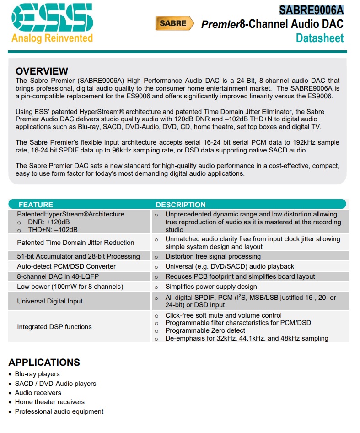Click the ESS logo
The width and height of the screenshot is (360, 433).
52,18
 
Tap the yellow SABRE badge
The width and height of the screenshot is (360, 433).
173,23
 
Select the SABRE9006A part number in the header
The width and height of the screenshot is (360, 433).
311,10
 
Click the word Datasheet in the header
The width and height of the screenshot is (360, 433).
319,38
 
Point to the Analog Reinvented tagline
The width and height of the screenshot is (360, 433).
52,38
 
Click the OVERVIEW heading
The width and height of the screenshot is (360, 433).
42,71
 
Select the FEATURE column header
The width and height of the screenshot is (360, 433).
36,205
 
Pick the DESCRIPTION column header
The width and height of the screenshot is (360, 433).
181,205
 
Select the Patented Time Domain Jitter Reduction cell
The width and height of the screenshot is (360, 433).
75,243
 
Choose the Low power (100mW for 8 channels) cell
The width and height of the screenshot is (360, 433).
70,287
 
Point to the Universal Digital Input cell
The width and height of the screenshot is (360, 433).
50,301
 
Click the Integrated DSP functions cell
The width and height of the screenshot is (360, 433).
54,327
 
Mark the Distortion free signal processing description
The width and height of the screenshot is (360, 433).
213,256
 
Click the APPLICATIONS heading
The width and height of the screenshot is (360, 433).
44,363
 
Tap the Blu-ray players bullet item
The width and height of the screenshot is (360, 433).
37,374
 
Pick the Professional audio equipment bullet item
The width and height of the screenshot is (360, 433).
59,411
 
